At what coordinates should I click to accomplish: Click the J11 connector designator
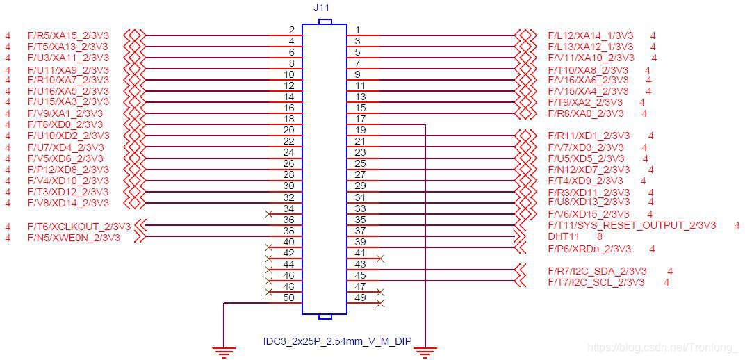coord(322,8)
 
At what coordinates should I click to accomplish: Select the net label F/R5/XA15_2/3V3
coord(68,35)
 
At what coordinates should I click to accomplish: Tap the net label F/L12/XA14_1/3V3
coord(590,35)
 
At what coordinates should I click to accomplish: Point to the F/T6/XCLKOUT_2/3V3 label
coord(79,226)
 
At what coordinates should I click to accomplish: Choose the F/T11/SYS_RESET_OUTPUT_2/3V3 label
coord(631,225)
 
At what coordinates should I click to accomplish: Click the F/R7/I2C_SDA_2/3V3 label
coord(597,271)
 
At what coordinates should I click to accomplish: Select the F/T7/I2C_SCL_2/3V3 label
coord(596,282)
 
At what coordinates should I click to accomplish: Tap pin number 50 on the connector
coord(289,297)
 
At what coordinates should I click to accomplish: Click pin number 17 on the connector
coord(360,119)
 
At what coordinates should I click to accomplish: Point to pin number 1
coord(357,30)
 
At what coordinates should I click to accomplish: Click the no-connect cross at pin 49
coord(380,304)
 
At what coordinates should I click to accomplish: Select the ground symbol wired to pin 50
coord(223,351)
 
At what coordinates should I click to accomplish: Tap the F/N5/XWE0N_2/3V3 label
coord(74,237)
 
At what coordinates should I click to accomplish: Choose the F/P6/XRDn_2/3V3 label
coord(589,248)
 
